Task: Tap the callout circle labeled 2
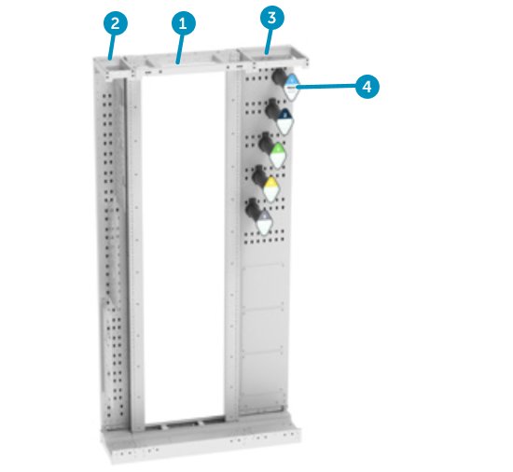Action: coord(114,22)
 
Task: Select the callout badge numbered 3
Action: coord(270,17)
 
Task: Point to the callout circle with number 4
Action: coord(367,86)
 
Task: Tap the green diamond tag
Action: coord(277,151)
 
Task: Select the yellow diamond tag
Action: coord(270,185)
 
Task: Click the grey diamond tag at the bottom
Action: coord(264,219)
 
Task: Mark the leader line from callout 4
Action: coord(326,86)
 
